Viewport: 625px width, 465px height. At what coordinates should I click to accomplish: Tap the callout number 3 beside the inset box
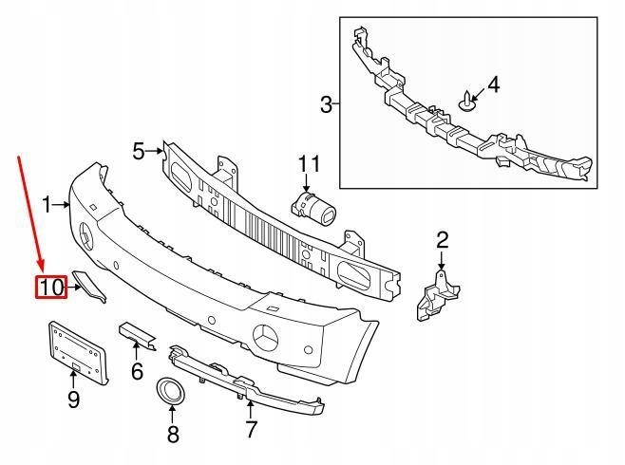326,104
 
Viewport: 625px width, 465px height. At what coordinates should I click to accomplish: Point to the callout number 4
492,86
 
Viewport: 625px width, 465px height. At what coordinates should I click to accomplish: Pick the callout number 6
137,371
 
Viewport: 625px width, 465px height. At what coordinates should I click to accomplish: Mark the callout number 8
172,436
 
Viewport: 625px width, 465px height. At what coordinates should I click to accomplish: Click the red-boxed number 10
51,286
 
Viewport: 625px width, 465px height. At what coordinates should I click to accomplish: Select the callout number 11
310,164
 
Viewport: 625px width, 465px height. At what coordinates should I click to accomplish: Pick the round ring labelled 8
173,390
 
